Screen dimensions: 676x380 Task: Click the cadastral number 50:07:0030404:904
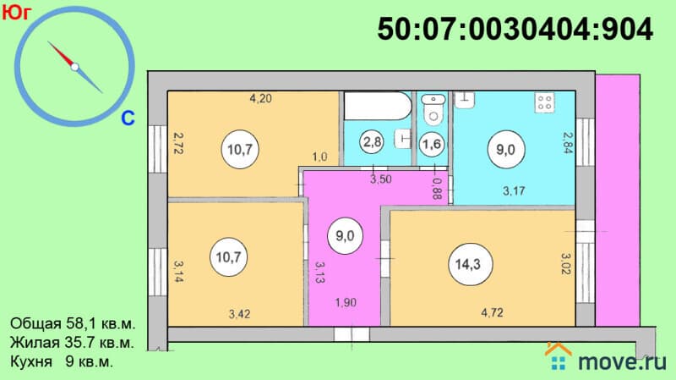tap(515, 30)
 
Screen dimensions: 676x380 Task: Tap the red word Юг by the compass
tap(17, 13)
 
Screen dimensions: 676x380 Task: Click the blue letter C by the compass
tap(128, 118)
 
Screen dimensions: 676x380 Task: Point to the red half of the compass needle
tap(61, 54)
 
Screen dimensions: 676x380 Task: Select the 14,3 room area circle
tap(468, 264)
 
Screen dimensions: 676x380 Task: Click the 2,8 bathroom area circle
tap(372, 141)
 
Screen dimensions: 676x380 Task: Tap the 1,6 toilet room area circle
tap(432, 143)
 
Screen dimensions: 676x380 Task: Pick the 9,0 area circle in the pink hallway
tap(345, 236)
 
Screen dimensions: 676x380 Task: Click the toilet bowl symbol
tap(433, 109)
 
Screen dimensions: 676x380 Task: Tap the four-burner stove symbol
tap(544, 102)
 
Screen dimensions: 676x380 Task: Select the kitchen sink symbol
tap(465, 100)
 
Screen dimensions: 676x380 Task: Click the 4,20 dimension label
tap(261, 98)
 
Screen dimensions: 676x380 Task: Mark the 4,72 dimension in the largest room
tap(492, 312)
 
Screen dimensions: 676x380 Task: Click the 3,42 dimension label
tap(239, 314)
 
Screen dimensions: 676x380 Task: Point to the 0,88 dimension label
tap(436, 189)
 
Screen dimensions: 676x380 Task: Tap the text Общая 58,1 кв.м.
tap(73, 323)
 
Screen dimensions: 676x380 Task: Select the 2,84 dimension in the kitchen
tap(568, 142)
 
